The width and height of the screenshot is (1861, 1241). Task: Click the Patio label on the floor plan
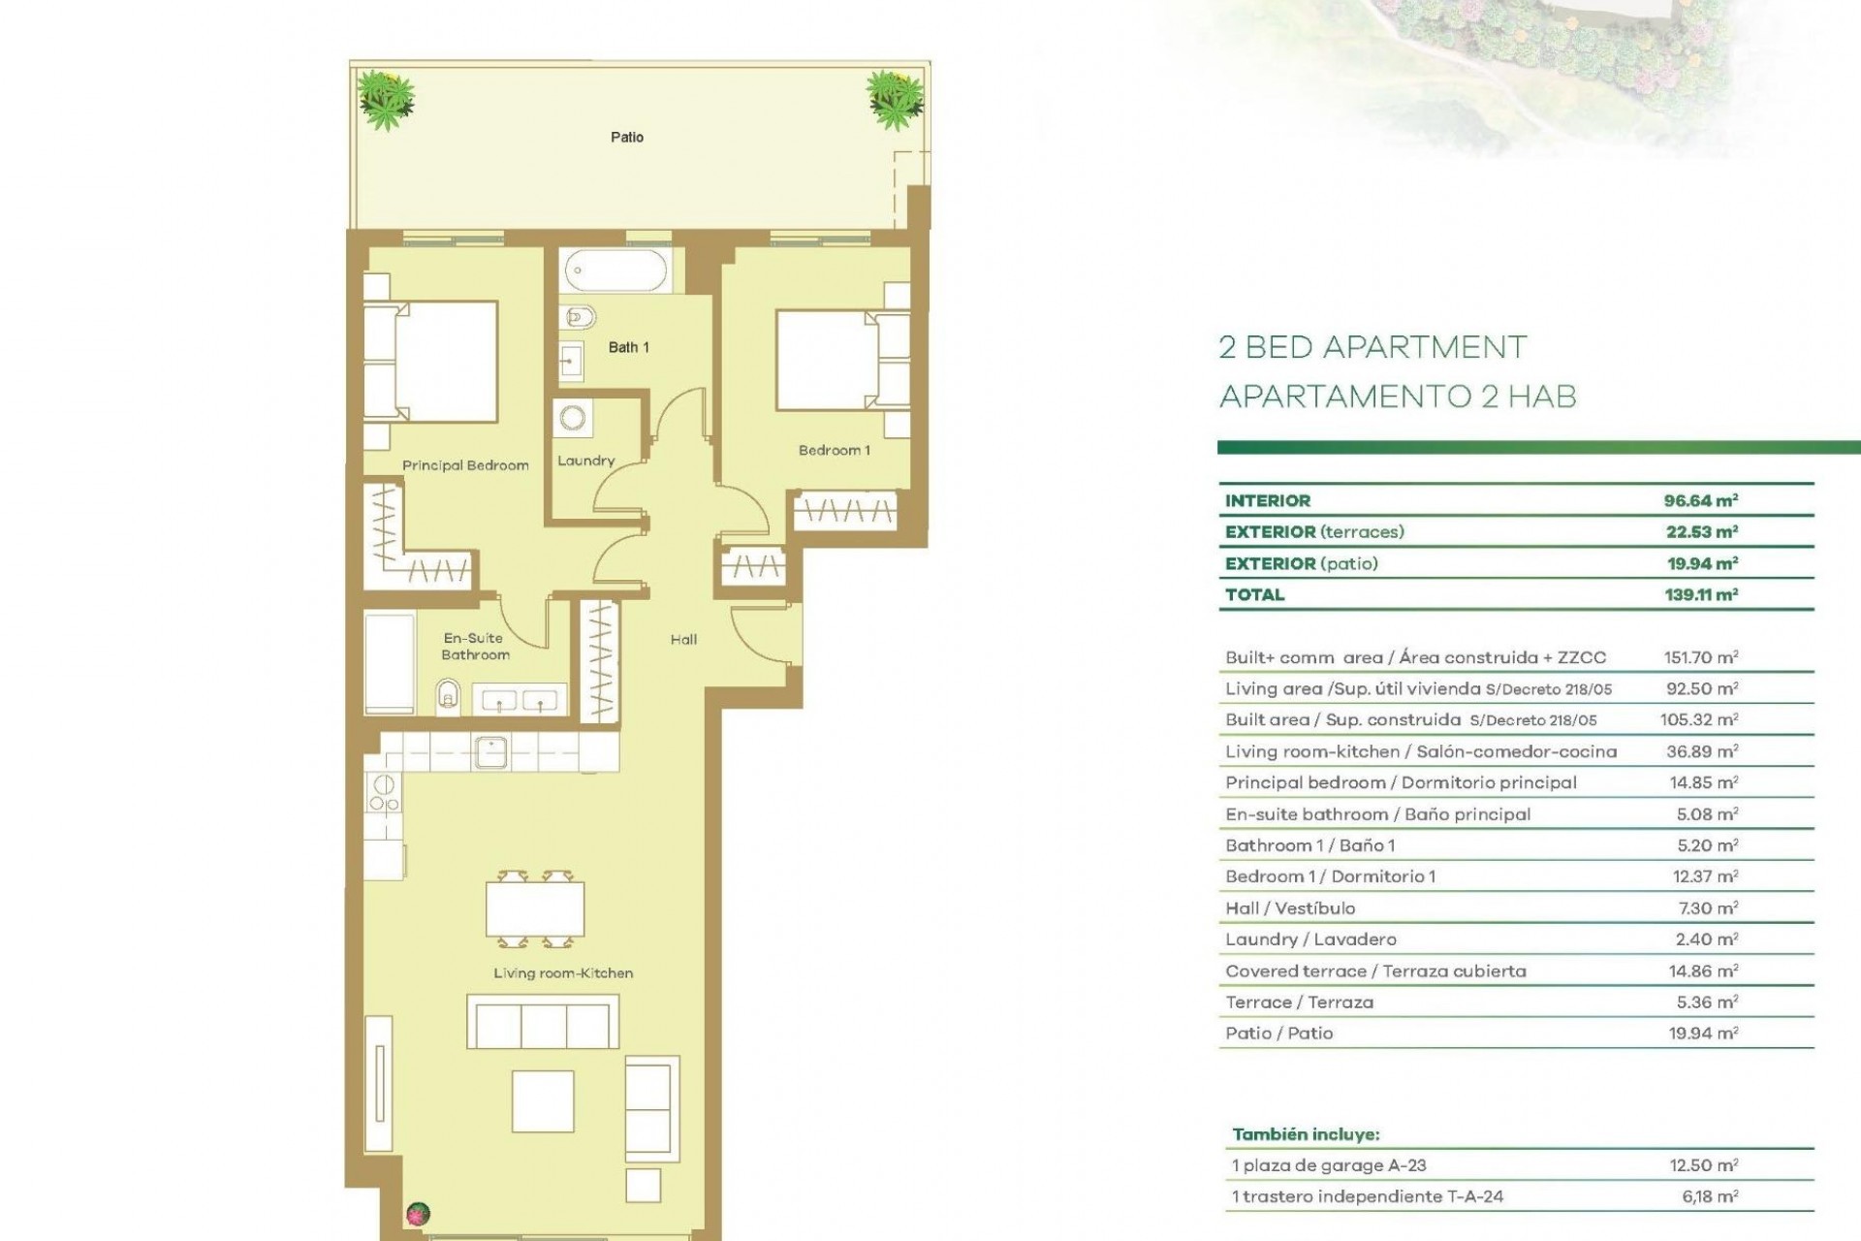tap(626, 138)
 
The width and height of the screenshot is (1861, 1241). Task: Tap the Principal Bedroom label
tap(465, 465)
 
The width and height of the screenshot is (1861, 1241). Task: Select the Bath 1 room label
tap(628, 347)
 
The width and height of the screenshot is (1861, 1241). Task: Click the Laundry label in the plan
tap(585, 461)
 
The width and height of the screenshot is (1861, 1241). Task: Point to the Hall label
tap(683, 640)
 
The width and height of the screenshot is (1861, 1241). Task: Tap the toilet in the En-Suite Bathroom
tap(448, 696)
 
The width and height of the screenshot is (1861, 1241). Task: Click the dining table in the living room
tap(535, 909)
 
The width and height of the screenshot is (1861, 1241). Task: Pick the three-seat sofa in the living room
tap(542, 1022)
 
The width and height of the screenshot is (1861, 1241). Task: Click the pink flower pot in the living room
tap(418, 1213)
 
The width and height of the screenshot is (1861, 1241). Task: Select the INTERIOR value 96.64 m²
tap(1700, 501)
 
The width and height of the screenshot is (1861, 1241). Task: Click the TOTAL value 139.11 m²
tap(1700, 595)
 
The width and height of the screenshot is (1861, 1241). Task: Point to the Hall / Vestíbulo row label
tap(1289, 908)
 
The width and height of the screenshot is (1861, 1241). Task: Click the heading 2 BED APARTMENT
tap(1372, 347)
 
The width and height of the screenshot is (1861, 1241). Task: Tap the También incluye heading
tap(1306, 1134)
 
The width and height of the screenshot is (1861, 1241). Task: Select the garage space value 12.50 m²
tap(1703, 1165)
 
